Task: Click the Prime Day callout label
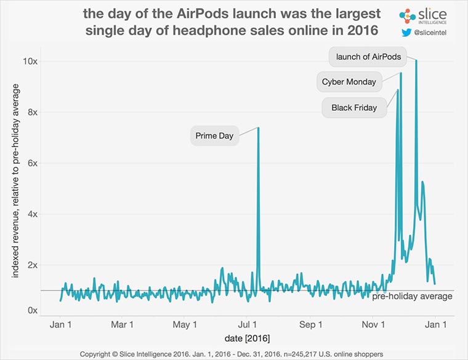[x=214, y=136]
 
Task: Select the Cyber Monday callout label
[x=349, y=81]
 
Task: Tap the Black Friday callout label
[x=354, y=108]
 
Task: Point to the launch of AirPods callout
[x=368, y=57]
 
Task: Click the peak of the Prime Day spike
[x=258, y=128]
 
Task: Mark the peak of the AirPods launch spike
[x=416, y=60]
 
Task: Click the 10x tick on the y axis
[x=31, y=61]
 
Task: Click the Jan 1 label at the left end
[x=60, y=324]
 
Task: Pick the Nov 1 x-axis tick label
[x=374, y=324]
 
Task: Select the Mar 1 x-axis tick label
[x=123, y=324]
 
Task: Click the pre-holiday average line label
[x=412, y=297]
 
